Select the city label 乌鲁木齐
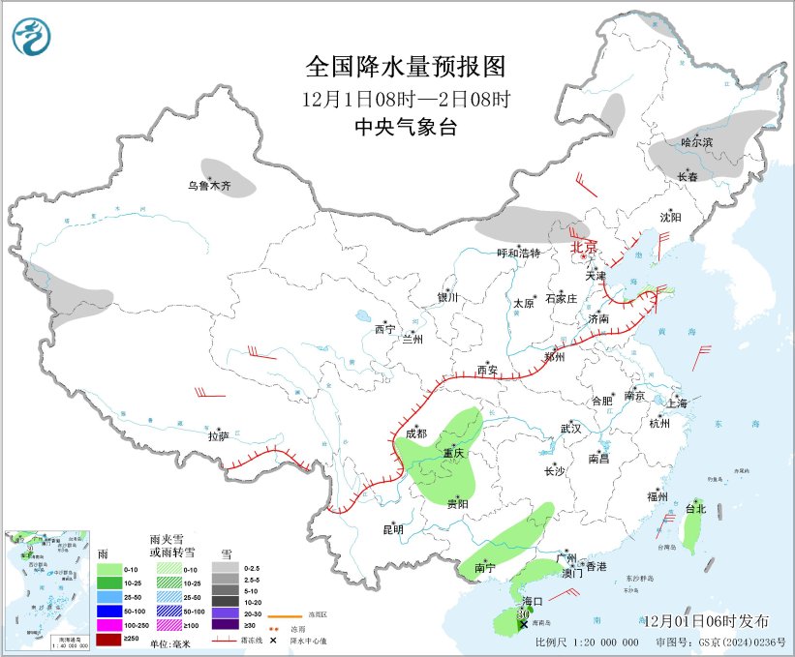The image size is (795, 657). point(210,186)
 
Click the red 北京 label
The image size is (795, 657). point(585,247)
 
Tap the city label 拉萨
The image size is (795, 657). point(219,437)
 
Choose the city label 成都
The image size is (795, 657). point(416,433)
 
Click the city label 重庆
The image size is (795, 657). point(453,453)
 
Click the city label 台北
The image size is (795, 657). point(695,508)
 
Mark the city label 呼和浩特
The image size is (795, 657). point(518,253)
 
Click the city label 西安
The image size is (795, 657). point(487,370)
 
